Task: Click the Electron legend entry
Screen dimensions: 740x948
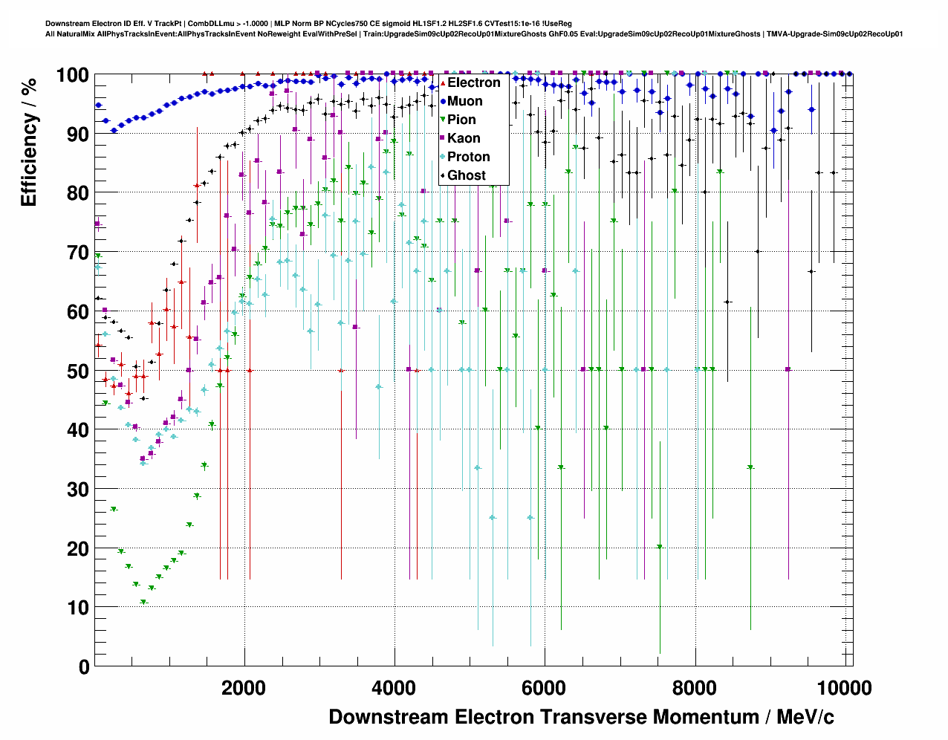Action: click(473, 82)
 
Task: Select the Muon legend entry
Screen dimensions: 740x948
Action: click(464, 101)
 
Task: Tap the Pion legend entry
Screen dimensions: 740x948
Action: click(461, 120)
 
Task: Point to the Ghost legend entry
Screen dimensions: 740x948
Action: click(466, 175)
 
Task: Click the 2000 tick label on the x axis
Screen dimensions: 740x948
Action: click(244, 688)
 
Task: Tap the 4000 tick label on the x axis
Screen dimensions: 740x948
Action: click(394, 688)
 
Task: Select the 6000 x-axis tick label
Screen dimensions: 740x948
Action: click(545, 688)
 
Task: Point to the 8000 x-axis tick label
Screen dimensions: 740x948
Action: click(695, 688)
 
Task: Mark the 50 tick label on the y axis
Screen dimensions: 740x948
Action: click(74, 371)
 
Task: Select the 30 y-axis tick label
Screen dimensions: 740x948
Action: click(74, 490)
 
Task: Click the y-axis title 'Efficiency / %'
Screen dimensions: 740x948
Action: click(28, 141)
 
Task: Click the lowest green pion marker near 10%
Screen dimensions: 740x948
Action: click(143, 603)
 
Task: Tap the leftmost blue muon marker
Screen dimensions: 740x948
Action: click(98, 106)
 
